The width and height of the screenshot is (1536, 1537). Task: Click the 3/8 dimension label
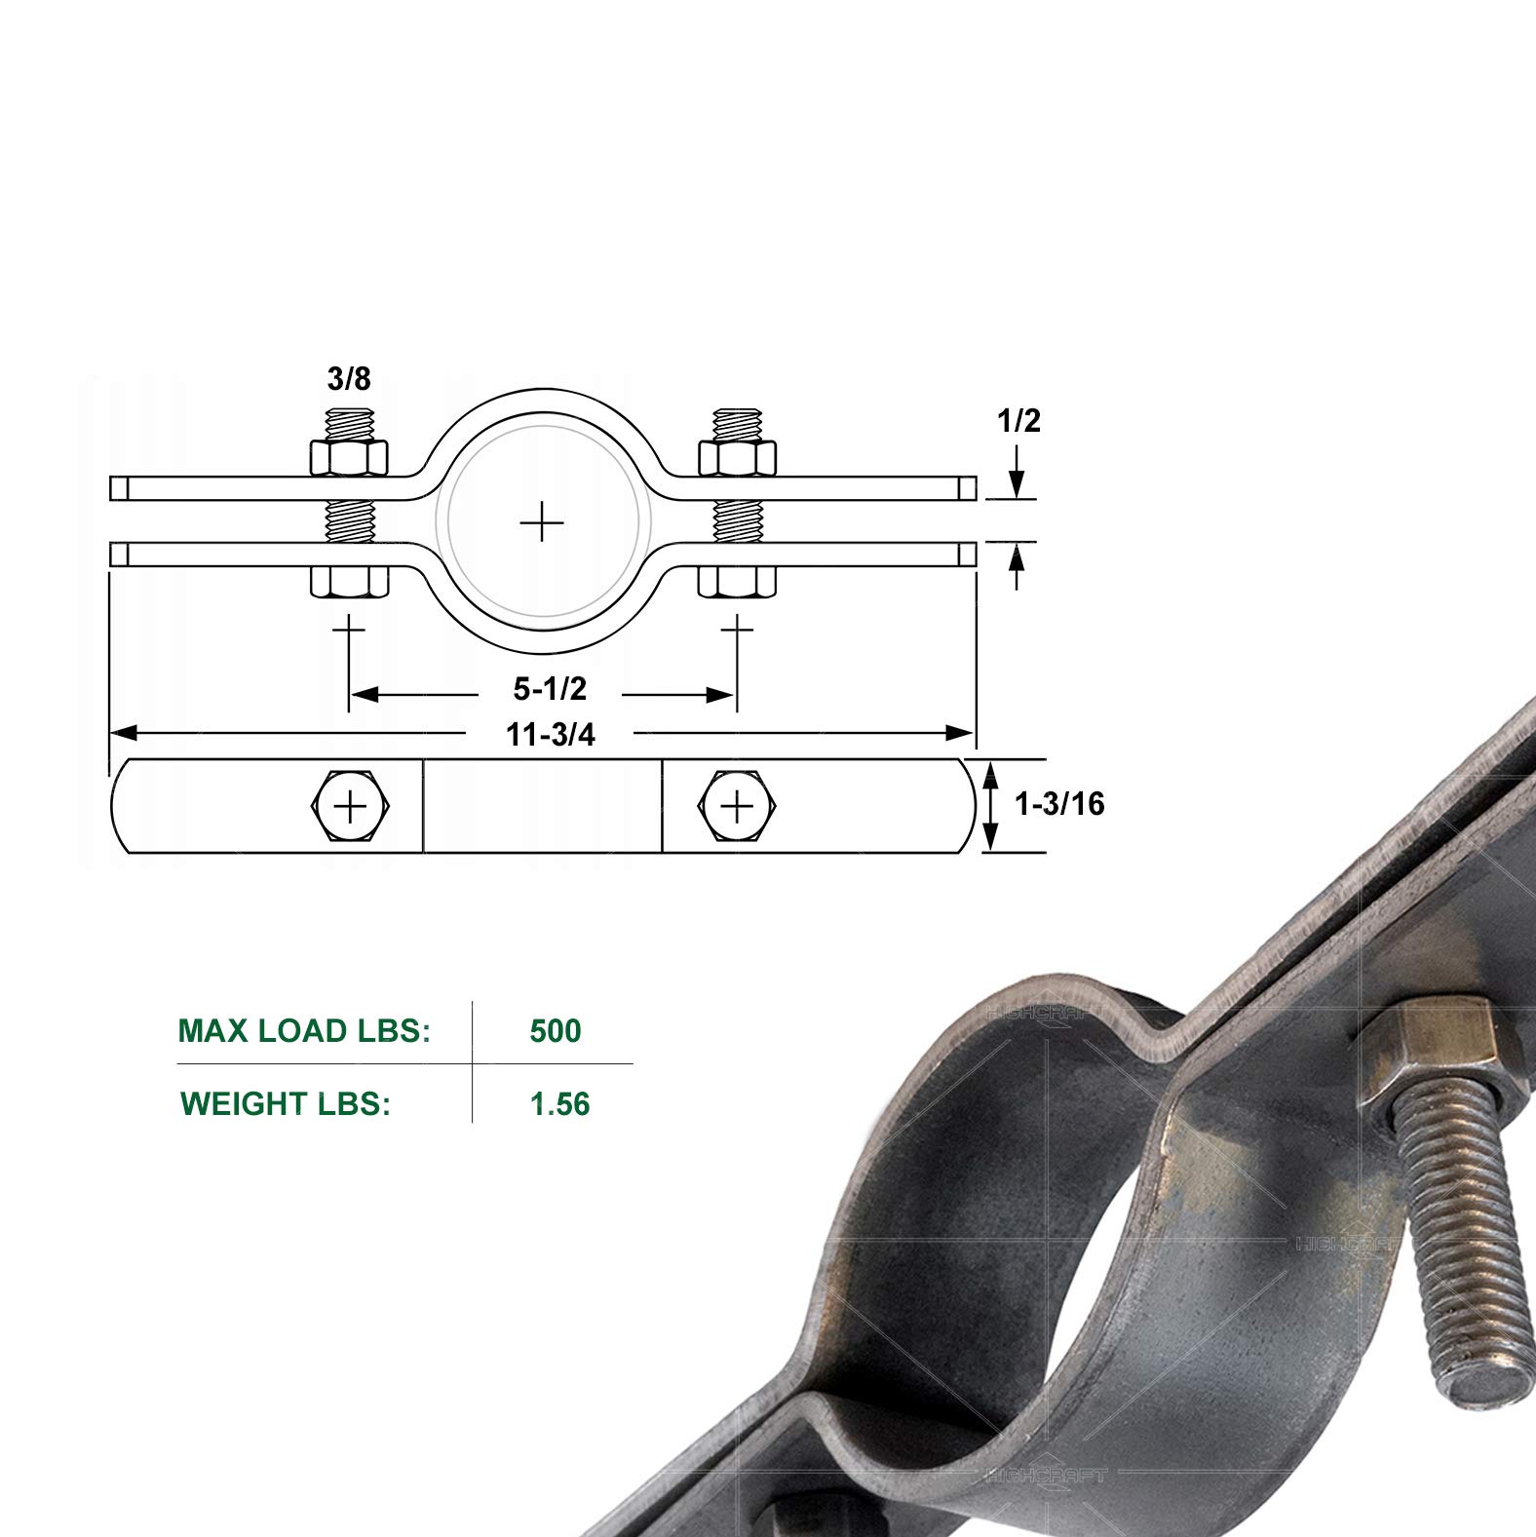[x=349, y=378]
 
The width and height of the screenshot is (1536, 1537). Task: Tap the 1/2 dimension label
[x=1018, y=420]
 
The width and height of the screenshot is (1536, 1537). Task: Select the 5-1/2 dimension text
[x=550, y=689]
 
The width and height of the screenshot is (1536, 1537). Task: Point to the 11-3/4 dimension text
[x=550, y=735]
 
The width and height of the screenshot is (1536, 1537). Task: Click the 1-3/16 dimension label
[x=1059, y=804]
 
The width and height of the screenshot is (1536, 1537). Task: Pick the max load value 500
[x=556, y=1031]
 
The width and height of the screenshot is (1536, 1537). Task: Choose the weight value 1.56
[x=559, y=1104]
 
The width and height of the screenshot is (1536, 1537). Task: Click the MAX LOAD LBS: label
[x=304, y=1031]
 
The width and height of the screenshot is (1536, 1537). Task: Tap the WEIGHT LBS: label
[x=286, y=1104]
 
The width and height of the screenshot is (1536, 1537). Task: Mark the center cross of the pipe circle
[x=542, y=524]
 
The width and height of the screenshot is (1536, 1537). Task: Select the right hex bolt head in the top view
[x=737, y=806]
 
